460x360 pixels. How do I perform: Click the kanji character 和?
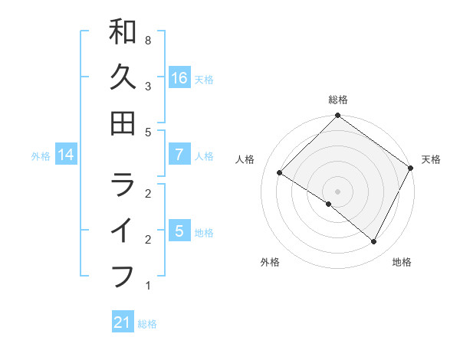(123, 33)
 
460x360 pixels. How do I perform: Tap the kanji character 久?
(123, 77)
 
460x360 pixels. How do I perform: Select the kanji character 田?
(123, 122)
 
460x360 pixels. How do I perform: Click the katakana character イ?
(123, 231)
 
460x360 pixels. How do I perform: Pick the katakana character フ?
(123, 275)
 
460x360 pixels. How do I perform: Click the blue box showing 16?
(179, 77)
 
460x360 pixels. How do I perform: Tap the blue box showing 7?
(179, 155)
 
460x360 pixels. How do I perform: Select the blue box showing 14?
(66, 155)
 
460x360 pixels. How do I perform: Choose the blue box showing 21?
(123, 322)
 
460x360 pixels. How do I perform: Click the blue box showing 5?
(179, 231)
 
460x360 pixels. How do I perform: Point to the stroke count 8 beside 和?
(147, 39)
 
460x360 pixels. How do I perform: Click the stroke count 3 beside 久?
(147, 86)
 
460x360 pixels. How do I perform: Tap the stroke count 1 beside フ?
(147, 286)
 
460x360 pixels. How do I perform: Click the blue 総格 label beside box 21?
(147, 324)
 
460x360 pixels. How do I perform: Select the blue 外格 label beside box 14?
(41, 156)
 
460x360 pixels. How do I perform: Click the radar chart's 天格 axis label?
(431, 159)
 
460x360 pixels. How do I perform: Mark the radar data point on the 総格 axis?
(337, 116)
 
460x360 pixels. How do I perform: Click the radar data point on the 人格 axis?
(280, 173)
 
